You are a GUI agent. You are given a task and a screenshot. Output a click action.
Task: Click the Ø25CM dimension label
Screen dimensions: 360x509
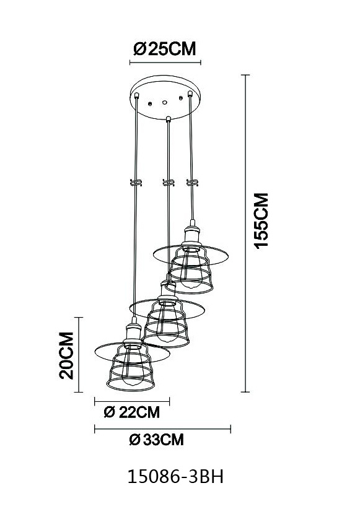click(x=165, y=50)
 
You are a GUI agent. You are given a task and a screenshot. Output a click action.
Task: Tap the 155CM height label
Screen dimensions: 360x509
click(x=261, y=221)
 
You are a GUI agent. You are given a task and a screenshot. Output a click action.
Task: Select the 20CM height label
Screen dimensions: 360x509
click(x=66, y=355)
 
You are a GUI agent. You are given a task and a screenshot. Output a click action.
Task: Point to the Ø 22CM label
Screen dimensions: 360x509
click(x=132, y=412)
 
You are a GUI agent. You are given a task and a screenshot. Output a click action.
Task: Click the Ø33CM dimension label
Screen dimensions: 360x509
click(x=157, y=440)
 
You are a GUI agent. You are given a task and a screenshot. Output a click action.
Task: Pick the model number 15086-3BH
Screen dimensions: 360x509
click(x=175, y=477)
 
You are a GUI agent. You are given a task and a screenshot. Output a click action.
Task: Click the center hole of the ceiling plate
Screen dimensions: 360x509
click(x=165, y=103)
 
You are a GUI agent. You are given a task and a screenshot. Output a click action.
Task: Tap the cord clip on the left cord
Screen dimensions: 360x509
click(x=136, y=183)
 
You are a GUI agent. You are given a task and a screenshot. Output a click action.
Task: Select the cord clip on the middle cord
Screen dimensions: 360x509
click(x=169, y=183)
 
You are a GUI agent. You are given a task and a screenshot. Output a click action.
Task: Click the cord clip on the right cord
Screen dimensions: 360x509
click(x=192, y=183)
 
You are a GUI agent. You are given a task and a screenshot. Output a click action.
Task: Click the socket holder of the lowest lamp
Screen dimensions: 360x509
click(x=133, y=332)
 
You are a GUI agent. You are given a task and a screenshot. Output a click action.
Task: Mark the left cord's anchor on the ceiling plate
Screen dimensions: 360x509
click(x=137, y=95)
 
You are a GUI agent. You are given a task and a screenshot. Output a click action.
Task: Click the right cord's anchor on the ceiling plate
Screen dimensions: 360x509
click(x=190, y=94)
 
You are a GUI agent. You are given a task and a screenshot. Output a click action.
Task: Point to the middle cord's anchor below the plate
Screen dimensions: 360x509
click(x=168, y=119)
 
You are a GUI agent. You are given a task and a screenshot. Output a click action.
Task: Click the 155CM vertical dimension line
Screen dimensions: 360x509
click(x=245, y=233)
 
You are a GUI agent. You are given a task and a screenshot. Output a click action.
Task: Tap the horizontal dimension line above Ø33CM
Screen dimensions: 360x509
click(x=162, y=429)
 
